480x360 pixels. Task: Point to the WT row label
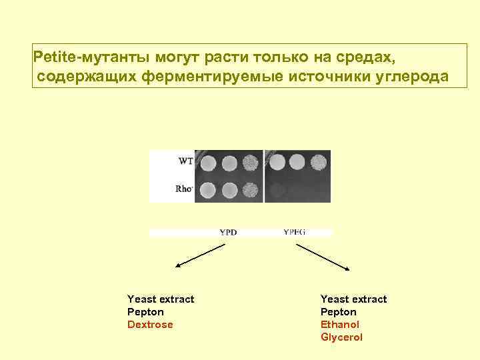point(186,161)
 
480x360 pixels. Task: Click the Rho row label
point(184,189)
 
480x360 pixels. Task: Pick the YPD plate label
point(228,233)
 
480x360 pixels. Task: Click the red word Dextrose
point(150,325)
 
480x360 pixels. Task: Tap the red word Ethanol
point(339,325)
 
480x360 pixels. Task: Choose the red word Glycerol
point(341,337)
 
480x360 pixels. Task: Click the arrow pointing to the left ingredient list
point(200,256)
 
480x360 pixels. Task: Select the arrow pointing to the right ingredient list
point(323,256)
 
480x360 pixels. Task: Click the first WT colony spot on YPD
point(208,162)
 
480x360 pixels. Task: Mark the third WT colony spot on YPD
point(251,162)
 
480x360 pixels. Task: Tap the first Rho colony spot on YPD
point(208,190)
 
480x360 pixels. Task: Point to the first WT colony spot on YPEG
point(277,161)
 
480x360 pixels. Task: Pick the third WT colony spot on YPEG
point(319,161)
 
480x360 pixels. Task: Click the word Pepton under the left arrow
point(145,312)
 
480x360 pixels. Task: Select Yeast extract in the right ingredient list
point(353,299)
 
